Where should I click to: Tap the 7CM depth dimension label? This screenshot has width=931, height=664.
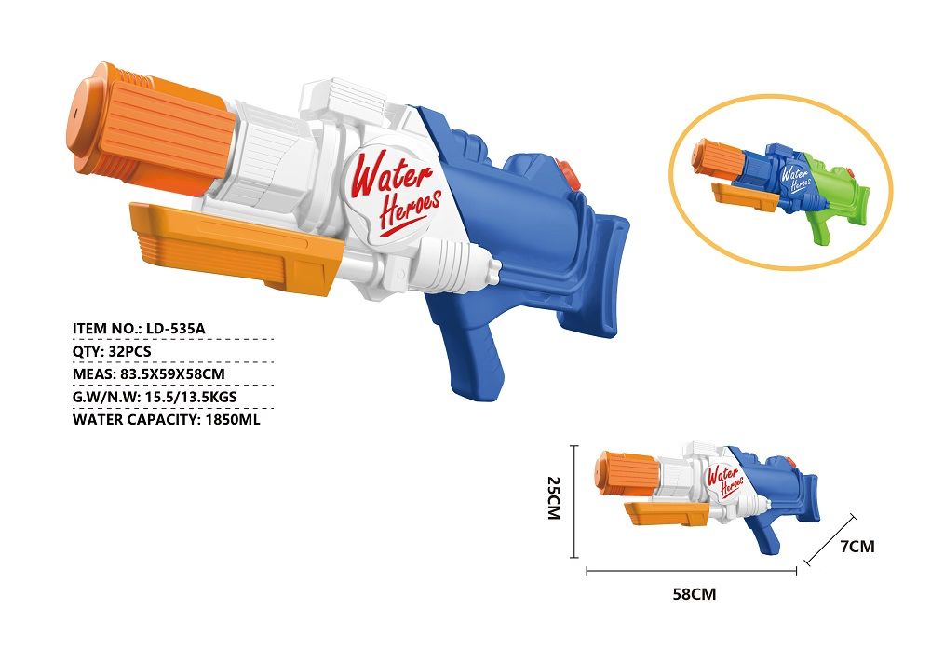tap(857, 547)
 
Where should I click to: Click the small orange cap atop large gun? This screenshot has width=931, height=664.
tap(569, 171)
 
